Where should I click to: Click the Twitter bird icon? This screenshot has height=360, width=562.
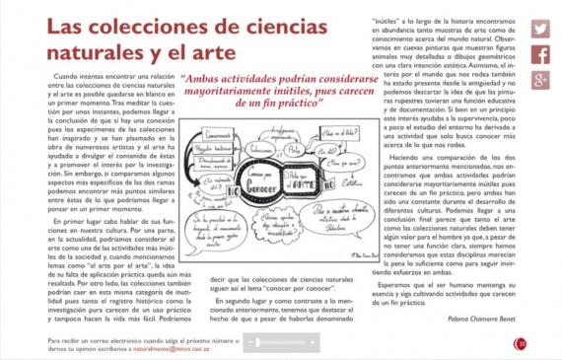[x=539, y=30]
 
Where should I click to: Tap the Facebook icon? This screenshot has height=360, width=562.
[x=539, y=55]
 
